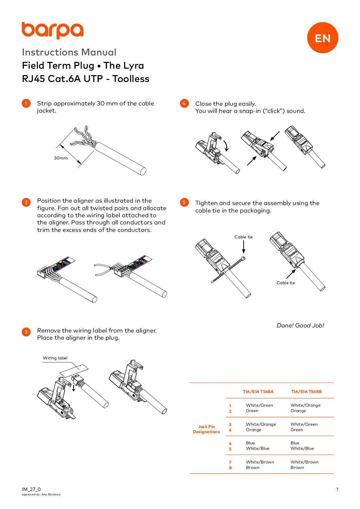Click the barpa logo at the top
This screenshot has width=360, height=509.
(52, 30)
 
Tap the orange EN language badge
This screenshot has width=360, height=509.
(322, 38)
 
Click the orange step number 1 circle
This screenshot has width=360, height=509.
(26, 103)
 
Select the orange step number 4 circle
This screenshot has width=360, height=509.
(184, 103)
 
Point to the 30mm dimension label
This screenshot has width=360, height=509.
(61, 158)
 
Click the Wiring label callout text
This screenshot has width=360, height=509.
(55, 358)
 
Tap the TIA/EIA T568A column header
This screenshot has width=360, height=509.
(258, 392)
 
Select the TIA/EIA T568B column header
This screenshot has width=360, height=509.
(306, 392)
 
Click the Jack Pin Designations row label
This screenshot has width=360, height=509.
(206, 429)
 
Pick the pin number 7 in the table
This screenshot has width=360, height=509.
(230, 462)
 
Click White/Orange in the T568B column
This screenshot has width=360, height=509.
(305, 405)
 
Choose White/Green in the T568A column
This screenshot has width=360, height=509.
(259, 405)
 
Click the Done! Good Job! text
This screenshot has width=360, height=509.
(300, 325)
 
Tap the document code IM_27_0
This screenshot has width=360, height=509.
(31, 489)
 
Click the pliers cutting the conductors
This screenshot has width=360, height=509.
(104, 269)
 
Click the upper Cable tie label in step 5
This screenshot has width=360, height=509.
(243, 237)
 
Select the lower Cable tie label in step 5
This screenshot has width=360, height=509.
(285, 283)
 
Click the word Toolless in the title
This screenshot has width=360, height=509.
(131, 79)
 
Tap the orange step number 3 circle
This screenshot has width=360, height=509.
(26, 332)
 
